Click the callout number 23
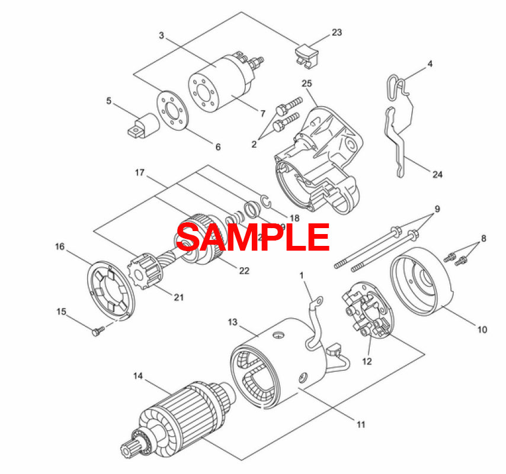337,33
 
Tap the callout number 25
306,82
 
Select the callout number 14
138,376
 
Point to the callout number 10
482,329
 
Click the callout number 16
60,246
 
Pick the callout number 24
437,174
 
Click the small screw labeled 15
97,332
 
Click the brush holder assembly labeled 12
367,314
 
